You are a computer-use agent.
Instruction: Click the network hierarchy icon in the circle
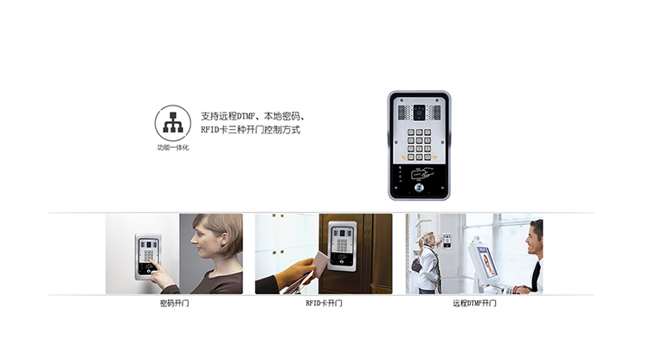173,124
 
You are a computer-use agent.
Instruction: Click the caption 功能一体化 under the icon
173,149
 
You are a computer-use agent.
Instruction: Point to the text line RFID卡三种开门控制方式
250,130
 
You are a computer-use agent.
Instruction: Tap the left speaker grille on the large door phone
402,110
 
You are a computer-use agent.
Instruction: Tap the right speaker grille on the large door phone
438,110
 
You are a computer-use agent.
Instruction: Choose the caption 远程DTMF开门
474,304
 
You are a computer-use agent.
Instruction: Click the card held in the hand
318,261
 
